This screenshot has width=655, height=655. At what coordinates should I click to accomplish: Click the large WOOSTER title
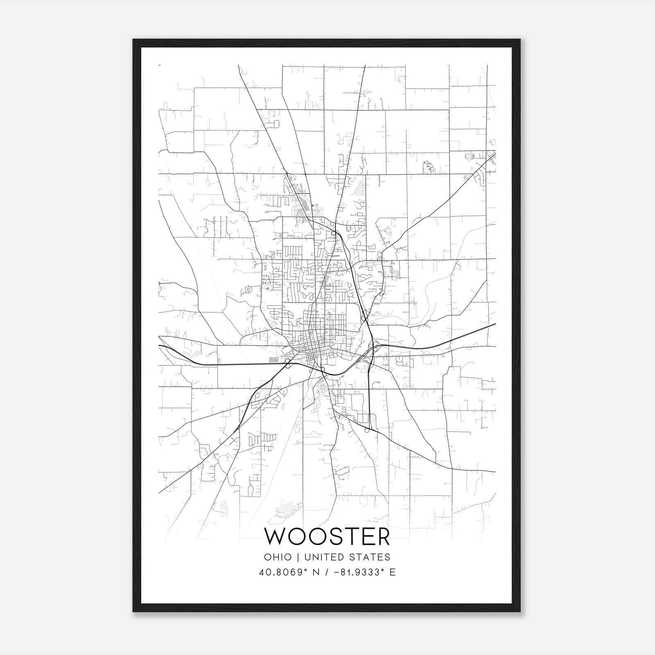tap(327, 537)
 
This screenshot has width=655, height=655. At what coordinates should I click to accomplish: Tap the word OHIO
tap(278, 557)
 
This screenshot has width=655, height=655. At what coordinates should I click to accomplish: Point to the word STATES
tap(373, 557)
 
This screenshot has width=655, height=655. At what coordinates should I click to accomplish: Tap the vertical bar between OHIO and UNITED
tap(298, 557)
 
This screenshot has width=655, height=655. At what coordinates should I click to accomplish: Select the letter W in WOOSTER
tap(276, 537)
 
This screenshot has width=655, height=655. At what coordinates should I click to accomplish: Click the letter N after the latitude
tap(316, 572)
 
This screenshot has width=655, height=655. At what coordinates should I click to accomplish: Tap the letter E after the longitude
tap(393, 572)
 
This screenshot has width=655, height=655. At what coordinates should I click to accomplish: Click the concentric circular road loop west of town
tap(248, 290)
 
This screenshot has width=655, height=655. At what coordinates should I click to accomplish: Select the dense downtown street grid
tap(313, 348)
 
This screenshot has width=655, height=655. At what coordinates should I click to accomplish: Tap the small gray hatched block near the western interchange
tap(273, 359)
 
